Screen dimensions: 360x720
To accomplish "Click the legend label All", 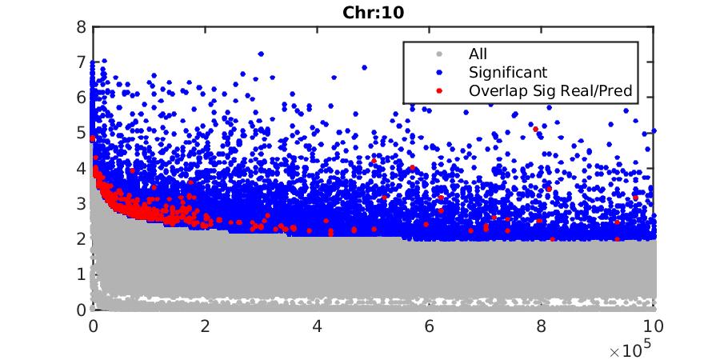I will [478, 54].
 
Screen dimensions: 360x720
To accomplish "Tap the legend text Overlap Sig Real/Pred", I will [550, 90].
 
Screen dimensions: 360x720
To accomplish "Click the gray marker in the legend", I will [438, 54].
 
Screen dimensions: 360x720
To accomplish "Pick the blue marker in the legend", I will [438, 73].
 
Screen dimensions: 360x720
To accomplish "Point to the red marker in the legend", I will [438, 90].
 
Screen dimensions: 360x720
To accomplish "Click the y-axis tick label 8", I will [81, 26].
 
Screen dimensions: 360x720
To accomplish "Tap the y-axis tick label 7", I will [81, 62].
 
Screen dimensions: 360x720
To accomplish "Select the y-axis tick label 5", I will [81, 133].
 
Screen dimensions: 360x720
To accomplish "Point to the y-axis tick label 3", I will [81, 203].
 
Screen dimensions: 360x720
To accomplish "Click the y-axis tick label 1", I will [81, 274].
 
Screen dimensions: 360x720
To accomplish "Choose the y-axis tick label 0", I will [81, 310].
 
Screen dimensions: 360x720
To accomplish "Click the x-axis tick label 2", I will [206, 326].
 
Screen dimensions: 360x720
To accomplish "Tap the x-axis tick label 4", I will [318, 326].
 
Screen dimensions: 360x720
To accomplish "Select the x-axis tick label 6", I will [430, 326].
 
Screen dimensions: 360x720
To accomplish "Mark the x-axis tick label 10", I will [654, 326].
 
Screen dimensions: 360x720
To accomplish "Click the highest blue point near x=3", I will [261, 54].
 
